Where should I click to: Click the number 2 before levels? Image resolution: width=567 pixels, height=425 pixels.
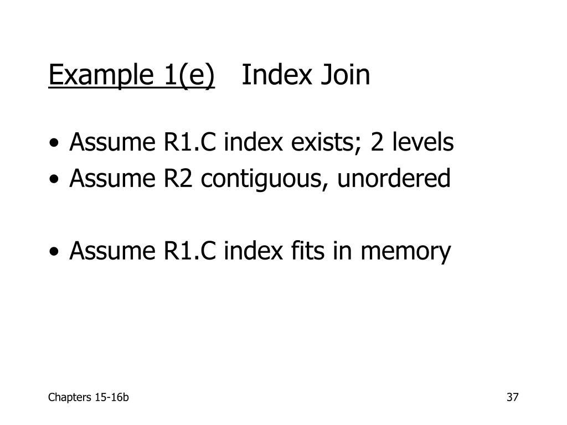click(377, 143)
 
